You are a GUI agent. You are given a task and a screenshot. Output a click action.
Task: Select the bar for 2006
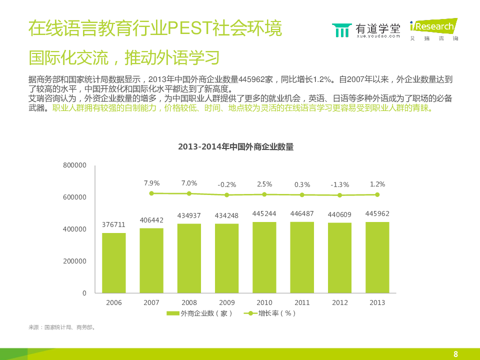[114, 262]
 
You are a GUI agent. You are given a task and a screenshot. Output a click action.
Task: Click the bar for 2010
[264, 257]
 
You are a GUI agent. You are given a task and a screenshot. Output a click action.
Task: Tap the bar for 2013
[377, 257]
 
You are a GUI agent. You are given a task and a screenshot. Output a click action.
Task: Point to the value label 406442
[151, 219]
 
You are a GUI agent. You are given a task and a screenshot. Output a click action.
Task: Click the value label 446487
[302, 213]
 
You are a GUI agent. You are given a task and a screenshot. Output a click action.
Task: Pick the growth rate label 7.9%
[151, 183]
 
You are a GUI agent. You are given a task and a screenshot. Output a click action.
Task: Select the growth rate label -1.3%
[339, 184]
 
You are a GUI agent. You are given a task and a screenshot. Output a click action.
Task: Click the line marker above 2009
[226, 195]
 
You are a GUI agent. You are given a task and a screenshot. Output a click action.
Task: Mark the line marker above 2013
[377, 194]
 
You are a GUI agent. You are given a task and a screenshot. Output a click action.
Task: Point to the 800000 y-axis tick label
[75, 165]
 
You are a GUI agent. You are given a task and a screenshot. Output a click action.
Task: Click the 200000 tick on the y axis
[75, 261]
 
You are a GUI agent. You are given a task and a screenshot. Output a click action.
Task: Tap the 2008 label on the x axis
[189, 302]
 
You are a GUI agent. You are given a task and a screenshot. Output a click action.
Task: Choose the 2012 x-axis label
[339, 302]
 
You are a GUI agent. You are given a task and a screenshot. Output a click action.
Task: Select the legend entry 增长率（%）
[270, 313]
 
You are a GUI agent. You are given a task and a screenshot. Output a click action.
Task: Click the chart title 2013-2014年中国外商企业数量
[235, 147]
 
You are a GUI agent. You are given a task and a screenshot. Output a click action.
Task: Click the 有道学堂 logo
[366, 30]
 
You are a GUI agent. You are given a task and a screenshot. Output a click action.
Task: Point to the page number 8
[455, 354]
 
